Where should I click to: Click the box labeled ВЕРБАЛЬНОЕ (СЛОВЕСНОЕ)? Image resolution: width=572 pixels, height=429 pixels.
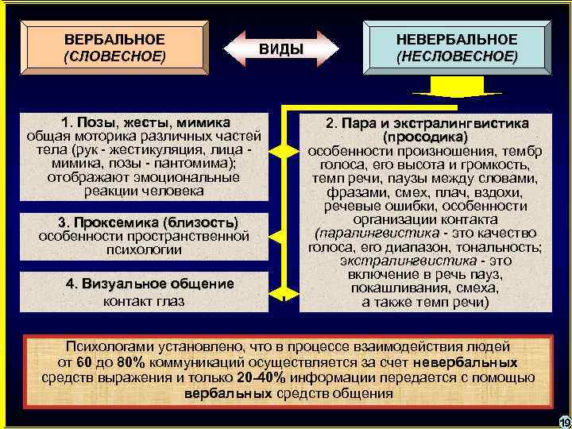click(114, 48)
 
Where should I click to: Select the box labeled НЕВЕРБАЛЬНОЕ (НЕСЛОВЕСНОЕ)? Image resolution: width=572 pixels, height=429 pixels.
click(456, 48)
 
